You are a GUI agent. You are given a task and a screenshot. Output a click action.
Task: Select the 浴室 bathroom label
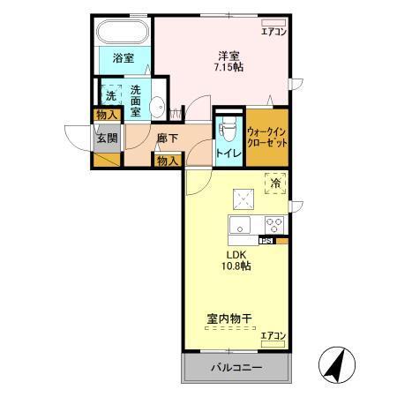[124, 58]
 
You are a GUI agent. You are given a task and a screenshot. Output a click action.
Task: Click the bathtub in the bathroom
[123, 34]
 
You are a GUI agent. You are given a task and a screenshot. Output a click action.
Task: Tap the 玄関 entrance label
[107, 138]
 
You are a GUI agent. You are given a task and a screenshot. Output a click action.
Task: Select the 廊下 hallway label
[168, 139]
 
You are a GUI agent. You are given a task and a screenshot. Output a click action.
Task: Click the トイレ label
[228, 153]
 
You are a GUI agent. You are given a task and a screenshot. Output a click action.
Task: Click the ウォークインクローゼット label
[266, 136]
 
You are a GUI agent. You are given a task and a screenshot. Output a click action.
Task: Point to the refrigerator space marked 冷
[275, 183]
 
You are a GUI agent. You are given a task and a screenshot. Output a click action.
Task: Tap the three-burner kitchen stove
[273, 223]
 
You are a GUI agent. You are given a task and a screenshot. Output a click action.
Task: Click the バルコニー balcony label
[236, 367]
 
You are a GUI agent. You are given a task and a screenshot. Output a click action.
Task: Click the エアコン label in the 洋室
[273, 33]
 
